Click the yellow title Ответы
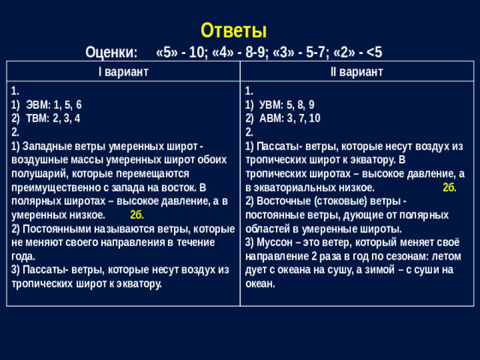[x=233, y=30]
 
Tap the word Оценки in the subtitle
[x=112, y=53]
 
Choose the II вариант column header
[x=356, y=71]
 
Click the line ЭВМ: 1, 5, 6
[x=54, y=105]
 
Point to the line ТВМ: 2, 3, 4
[x=53, y=118]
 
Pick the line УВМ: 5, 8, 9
[x=284, y=105]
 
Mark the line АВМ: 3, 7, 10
[x=287, y=118]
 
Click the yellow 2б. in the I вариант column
[x=137, y=214]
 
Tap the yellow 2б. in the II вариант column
[x=448, y=187]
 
